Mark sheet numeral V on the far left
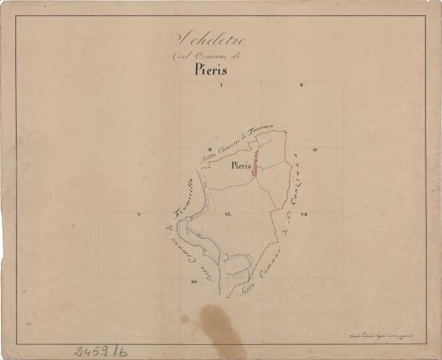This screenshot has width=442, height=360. [x=140, y=215]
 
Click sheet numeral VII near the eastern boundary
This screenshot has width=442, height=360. [x=303, y=215]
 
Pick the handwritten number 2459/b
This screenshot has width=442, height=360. [x=100, y=350]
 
